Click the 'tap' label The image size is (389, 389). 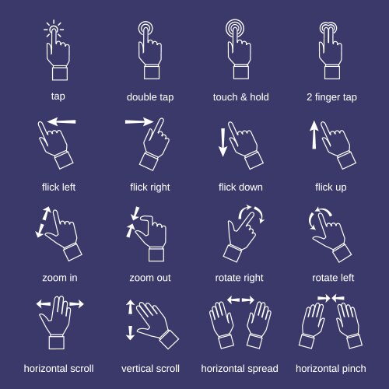(x=58, y=96)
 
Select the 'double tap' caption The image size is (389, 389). (x=150, y=97)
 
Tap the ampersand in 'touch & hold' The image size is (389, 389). (x=244, y=97)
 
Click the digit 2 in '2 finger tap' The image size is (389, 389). (x=309, y=97)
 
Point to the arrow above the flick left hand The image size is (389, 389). (x=61, y=121)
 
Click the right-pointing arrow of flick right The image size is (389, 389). (x=139, y=121)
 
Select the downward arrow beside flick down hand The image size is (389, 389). (x=223, y=142)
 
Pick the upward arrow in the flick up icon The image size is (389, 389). (x=314, y=135)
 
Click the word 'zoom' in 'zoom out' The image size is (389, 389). (x=142, y=278)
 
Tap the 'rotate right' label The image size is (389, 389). (x=239, y=278)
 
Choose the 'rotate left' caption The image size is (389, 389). (x=333, y=278)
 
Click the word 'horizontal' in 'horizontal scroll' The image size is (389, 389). (x=44, y=369)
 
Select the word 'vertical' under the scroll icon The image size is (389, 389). (x=136, y=369)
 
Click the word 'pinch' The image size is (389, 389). (x=354, y=369)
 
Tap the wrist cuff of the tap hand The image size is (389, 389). (x=60, y=73)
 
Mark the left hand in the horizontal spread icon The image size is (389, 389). (x=221, y=324)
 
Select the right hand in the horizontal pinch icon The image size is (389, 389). (x=349, y=325)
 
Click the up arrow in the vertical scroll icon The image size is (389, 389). (x=130, y=307)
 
